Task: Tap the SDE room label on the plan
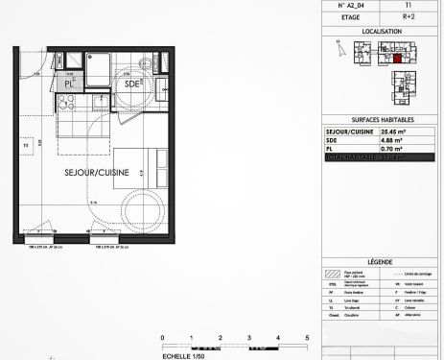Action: click(x=132, y=84)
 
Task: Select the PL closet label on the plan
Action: click(x=69, y=84)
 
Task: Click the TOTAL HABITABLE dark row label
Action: click(x=354, y=156)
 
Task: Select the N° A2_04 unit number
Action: click(x=354, y=5)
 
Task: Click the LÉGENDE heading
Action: click(x=381, y=261)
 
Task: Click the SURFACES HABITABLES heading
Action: click(x=381, y=120)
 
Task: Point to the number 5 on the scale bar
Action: click(x=306, y=339)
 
